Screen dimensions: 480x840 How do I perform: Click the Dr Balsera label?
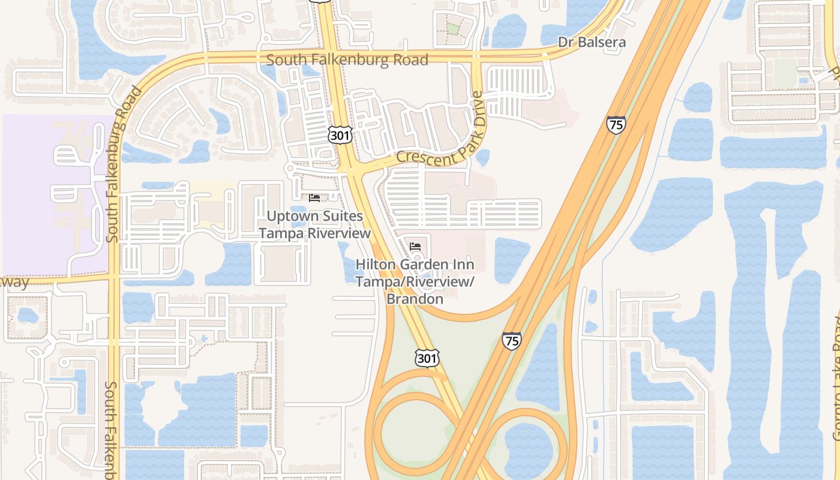(592, 42)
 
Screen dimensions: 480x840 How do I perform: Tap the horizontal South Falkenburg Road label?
(347, 60)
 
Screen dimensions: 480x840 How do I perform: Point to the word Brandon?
(415, 298)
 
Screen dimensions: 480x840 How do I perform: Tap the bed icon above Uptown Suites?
(314, 197)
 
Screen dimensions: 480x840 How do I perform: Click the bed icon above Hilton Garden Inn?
(415, 246)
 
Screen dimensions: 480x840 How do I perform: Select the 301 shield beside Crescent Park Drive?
(340, 135)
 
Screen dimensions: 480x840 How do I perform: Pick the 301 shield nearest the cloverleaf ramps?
(427, 358)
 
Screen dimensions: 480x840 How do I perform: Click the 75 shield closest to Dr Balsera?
(616, 125)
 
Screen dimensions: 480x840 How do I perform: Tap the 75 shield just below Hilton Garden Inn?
(511, 340)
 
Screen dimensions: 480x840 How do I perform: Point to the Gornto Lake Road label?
(835, 390)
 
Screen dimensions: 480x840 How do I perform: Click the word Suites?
(343, 216)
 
